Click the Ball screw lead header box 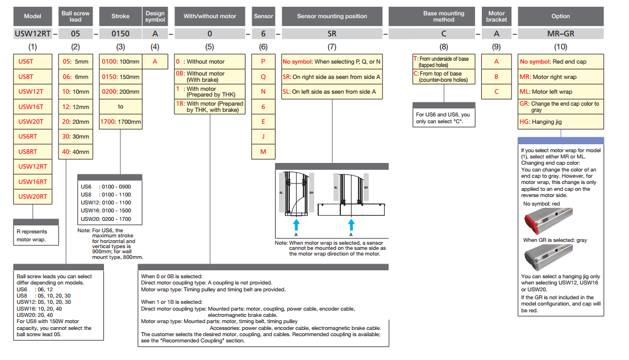pyautogui.click(x=76, y=16)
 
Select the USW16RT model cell pyautogui.click(x=32, y=182)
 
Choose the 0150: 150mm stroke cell pyautogui.click(x=120, y=76)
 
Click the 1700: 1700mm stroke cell pyautogui.click(x=120, y=122)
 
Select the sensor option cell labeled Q pyautogui.click(x=263, y=76)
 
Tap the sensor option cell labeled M pyautogui.click(x=263, y=152)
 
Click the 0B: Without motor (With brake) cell pyautogui.click(x=210, y=76)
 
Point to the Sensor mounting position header pyautogui.click(x=332, y=16)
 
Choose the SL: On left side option pyautogui.click(x=332, y=91)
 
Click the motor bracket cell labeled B pyautogui.click(x=496, y=76)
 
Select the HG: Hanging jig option pyautogui.click(x=560, y=122)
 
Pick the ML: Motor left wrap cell pyautogui.click(x=560, y=91)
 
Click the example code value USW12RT pyautogui.click(x=32, y=34)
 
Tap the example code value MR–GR pyautogui.click(x=560, y=34)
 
